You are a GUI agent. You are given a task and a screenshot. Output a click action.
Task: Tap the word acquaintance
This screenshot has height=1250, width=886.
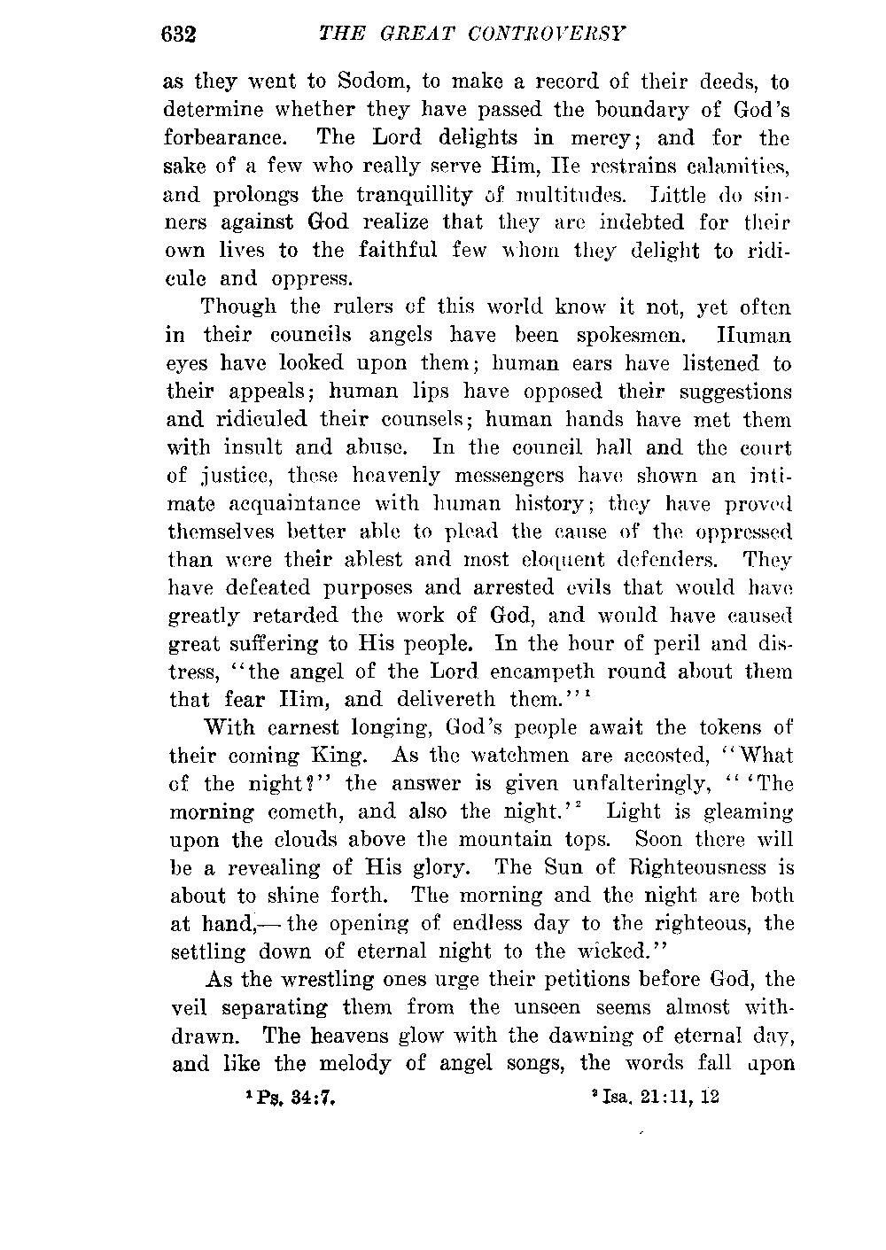tap(291, 504)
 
